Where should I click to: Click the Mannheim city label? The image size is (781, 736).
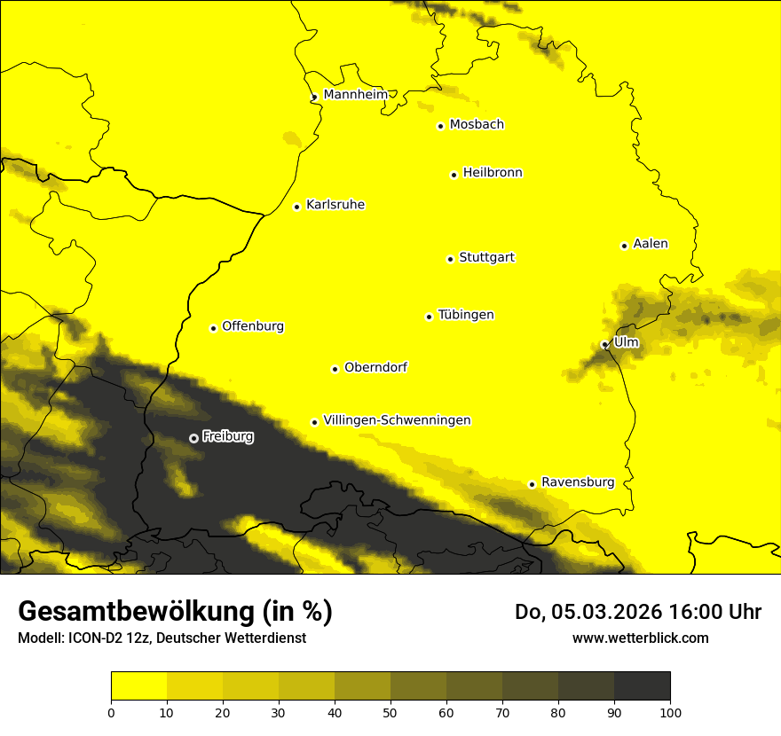(x=355, y=94)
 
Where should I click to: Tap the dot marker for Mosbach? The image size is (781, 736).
(x=440, y=126)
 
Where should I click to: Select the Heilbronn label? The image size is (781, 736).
(x=493, y=173)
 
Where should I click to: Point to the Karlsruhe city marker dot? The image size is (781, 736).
(x=296, y=207)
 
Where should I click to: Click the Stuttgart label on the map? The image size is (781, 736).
(x=486, y=258)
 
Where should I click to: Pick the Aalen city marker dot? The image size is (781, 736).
(x=624, y=246)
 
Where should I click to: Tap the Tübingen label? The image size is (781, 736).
(x=466, y=315)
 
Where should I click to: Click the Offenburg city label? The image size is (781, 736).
(x=253, y=326)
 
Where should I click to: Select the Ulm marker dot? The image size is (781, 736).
(x=604, y=345)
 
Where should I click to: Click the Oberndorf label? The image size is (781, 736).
(x=375, y=367)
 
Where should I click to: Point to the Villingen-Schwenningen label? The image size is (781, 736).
(x=397, y=420)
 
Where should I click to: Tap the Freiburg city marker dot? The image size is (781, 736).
(x=193, y=437)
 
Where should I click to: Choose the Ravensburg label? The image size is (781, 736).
(x=578, y=482)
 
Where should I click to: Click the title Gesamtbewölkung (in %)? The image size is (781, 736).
(x=175, y=612)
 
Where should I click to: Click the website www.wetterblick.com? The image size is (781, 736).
(x=640, y=638)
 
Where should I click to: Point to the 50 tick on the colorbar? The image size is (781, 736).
(x=390, y=712)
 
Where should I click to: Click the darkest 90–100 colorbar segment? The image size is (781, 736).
(x=642, y=686)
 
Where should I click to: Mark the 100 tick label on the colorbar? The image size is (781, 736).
(x=670, y=712)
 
